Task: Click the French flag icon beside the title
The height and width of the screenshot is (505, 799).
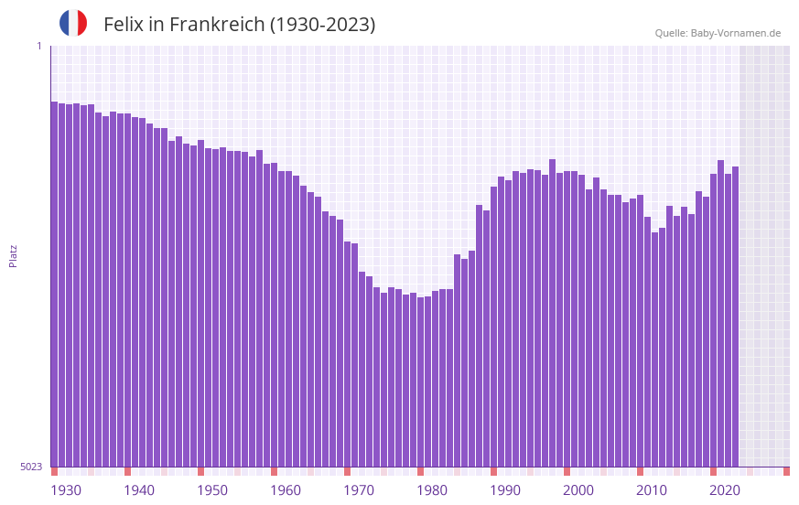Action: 73,23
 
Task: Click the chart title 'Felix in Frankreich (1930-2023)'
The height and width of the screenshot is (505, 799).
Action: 240,25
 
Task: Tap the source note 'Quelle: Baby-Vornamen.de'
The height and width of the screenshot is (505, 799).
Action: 718,33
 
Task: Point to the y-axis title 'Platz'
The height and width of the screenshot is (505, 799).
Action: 13,255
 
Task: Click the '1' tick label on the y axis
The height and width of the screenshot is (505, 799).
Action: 39,47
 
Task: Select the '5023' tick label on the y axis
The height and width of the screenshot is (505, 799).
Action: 31,467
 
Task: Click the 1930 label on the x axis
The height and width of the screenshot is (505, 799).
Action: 66,490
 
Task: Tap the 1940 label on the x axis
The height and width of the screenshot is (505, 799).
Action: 139,490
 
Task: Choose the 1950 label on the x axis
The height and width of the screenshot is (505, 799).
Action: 212,490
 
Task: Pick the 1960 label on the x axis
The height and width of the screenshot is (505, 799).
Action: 286,490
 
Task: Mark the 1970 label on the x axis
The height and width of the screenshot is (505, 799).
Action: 359,490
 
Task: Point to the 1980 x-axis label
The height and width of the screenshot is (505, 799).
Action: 432,490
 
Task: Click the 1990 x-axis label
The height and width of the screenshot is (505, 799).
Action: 505,490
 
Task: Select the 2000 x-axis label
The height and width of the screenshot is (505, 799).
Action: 578,490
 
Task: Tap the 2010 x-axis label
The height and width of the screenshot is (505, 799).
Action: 652,490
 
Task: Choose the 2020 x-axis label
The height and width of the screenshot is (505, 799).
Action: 725,490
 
